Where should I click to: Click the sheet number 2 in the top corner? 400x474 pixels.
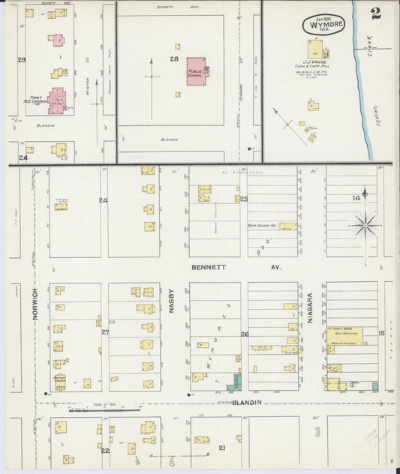click(x=374, y=14)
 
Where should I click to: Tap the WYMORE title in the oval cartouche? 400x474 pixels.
click(x=324, y=25)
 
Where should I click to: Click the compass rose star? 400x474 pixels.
click(x=365, y=224)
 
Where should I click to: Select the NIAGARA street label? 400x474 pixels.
click(x=309, y=310)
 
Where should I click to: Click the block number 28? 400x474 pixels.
click(x=173, y=58)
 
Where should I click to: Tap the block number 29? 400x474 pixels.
click(x=22, y=59)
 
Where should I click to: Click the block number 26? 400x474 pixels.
click(x=244, y=334)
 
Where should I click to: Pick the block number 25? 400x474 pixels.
click(x=244, y=199)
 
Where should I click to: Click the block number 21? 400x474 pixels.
click(x=221, y=447)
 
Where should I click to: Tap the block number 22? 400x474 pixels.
click(x=105, y=450)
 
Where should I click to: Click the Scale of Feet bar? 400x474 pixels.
click(x=105, y=410)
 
